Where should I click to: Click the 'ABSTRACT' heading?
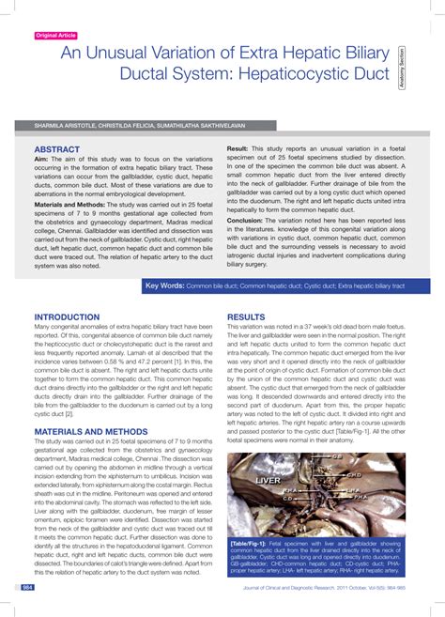pyautogui.click(x=56, y=149)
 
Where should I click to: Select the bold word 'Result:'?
pyautogui.click(x=238, y=149)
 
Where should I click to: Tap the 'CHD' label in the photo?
pyautogui.click(x=355, y=475)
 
